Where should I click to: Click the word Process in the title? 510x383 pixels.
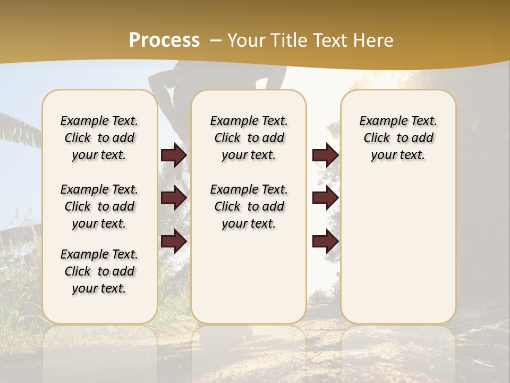click(164, 40)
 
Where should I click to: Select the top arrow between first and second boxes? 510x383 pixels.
click(174, 155)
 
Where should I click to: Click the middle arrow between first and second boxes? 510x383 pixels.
click(174, 198)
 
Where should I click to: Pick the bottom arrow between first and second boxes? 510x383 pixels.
click(174, 242)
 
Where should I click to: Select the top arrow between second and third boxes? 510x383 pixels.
click(325, 155)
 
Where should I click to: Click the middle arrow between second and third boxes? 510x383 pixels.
click(325, 198)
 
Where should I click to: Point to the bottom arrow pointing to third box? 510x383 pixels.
click(325, 242)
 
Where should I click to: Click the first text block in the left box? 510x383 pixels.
click(99, 138)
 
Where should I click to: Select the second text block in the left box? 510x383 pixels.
click(99, 206)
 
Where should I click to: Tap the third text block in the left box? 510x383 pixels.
click(99, 271)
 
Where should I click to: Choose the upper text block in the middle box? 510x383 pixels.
click(249, 138)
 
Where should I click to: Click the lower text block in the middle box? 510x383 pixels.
click(249, 206)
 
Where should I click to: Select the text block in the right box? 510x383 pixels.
click(398, 138)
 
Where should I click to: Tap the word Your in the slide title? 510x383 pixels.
click(244, 40)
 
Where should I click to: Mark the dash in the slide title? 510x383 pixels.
click(216, 40)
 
